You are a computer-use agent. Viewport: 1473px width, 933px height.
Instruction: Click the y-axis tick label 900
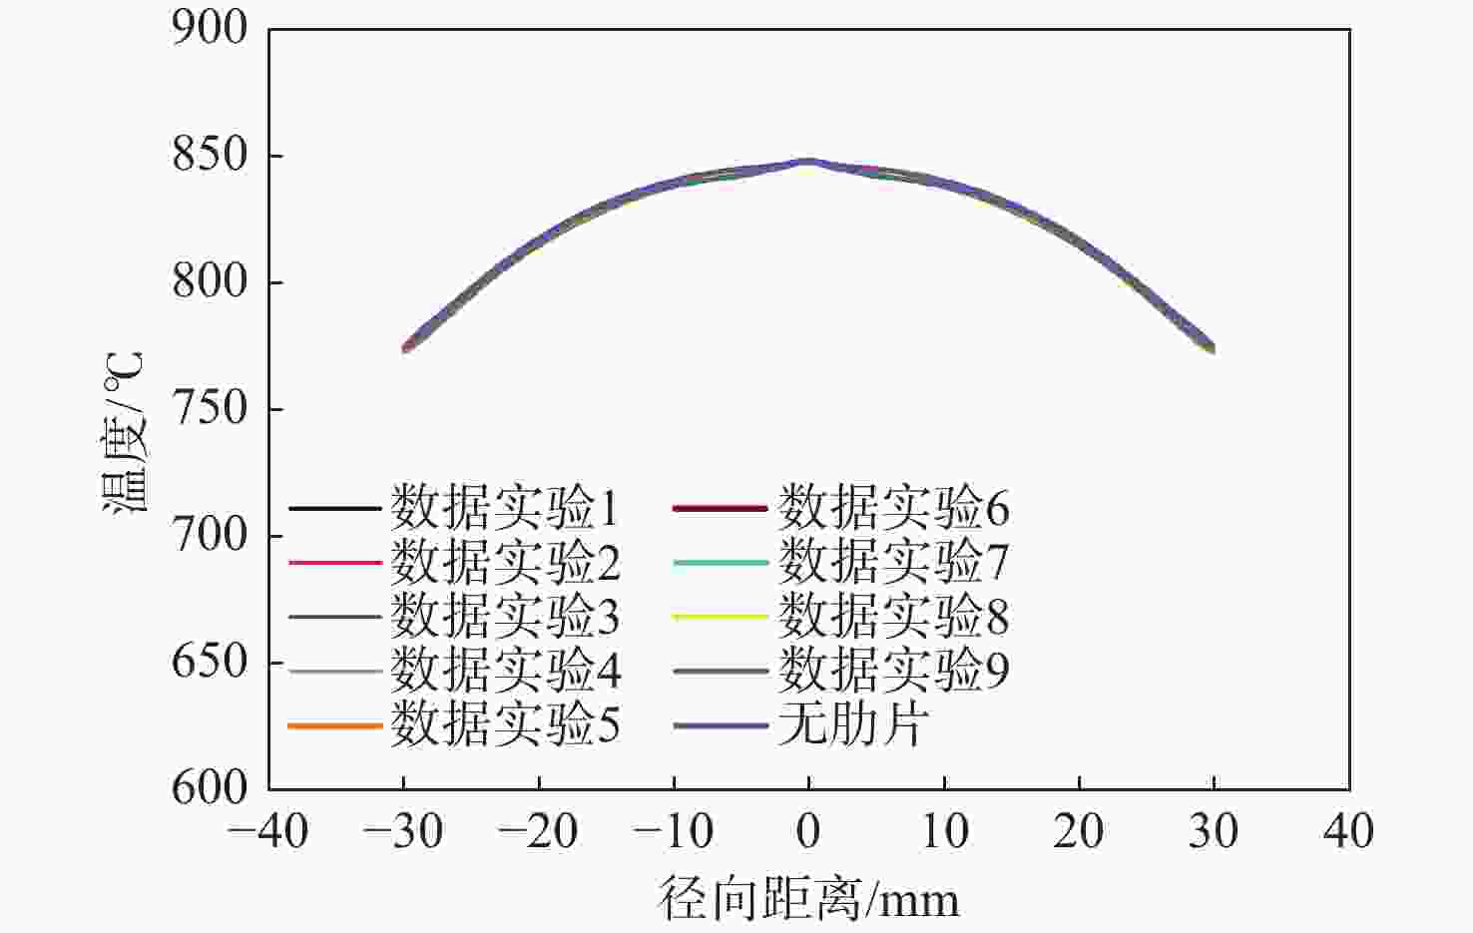(x=210, y=28)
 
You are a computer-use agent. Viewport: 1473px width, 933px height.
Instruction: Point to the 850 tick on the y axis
(x=210, y=155)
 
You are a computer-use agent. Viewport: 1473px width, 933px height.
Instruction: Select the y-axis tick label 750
(x=210, y=408)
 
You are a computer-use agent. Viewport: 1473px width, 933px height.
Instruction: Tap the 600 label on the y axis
(x=210, y=788)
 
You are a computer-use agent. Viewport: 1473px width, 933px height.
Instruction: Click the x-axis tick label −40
(x=268, y=831)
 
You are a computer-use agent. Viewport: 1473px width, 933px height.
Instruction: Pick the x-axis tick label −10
(x=674, y=831)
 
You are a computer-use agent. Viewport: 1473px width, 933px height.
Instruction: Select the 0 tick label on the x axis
(x=809, y=831)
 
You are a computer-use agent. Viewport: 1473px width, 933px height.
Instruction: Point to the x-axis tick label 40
(x=1348, y=831)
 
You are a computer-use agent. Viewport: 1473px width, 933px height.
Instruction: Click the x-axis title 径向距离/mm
(x=809, y=899)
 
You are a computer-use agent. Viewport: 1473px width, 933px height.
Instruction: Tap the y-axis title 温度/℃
(x=125, y=431)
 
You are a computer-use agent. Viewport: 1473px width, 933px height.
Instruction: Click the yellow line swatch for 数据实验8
(x=721, y=617)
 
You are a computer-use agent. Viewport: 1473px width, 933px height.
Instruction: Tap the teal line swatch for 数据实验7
(x=721, y=563)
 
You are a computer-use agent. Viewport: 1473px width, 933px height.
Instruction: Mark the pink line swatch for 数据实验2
(x=335, y=563)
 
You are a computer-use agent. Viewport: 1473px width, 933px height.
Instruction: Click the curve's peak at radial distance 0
(x=809, y=161)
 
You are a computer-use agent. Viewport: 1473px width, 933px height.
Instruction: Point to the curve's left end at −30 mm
(x=404, y=348)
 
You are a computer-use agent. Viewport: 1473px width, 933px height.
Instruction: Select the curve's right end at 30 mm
(x=1214, y=348)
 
